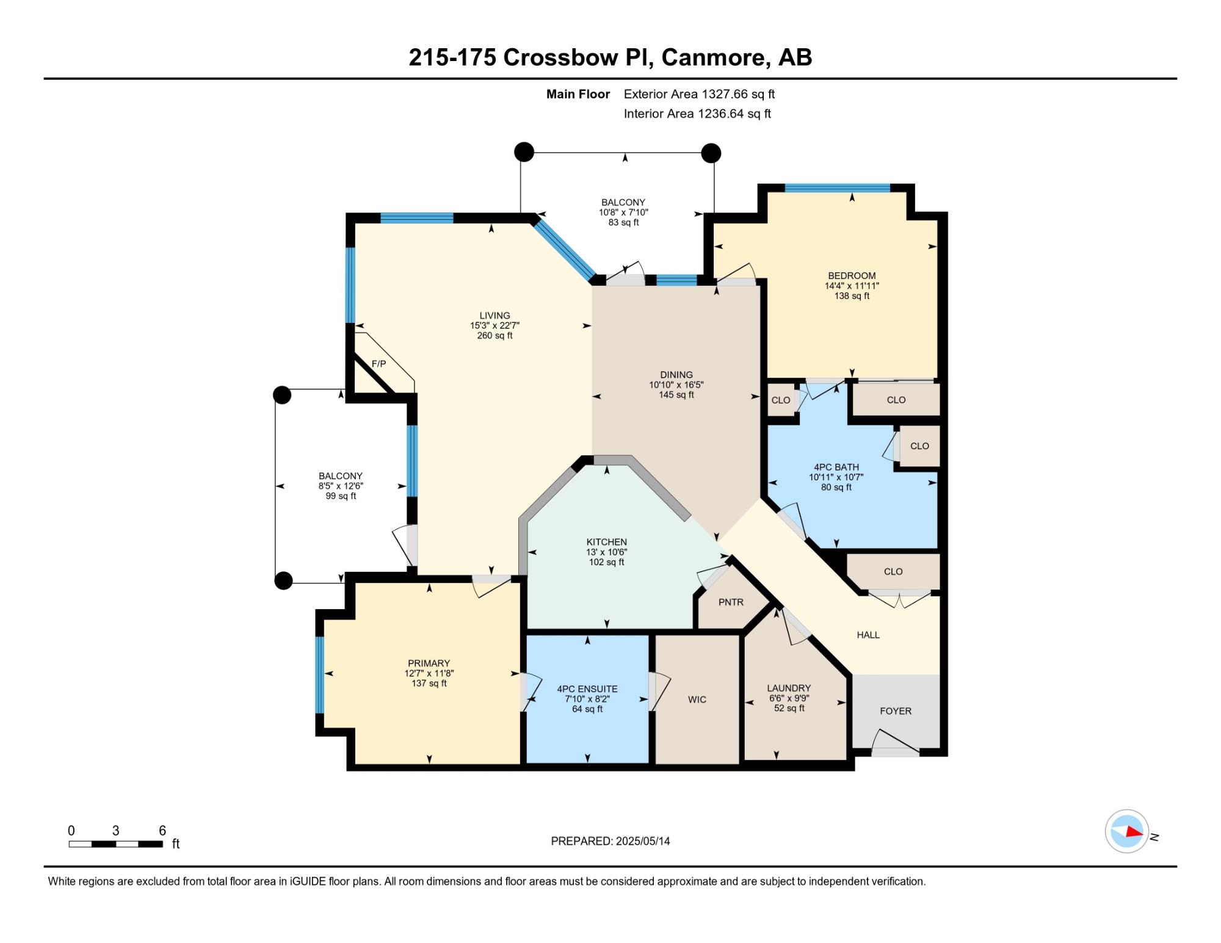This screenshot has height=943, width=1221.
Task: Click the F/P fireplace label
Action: (379, 364)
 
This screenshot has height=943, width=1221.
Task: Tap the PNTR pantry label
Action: (731, 602)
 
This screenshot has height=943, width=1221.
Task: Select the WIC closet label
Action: (697, 699)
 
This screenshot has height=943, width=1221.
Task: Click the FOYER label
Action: (896, 711)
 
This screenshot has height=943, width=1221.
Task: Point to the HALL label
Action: (868, 635)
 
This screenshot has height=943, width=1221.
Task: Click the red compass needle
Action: (1134, 831)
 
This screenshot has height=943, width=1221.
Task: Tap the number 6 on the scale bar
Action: (162, 830)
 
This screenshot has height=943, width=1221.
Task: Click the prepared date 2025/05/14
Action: (643, 841)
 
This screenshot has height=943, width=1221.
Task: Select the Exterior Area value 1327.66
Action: (723, 94)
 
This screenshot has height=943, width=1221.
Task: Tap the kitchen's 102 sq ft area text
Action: (607, 562)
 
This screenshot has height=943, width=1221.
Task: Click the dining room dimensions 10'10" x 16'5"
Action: (676, 385)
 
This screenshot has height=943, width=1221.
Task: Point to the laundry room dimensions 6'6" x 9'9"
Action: (789, 698)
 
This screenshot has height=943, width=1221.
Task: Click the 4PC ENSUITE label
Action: (587, 689)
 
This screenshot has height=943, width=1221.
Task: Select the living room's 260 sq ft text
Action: (495, 336)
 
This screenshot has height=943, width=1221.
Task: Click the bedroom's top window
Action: (837, 188)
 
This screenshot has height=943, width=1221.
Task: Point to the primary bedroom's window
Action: (319, 674)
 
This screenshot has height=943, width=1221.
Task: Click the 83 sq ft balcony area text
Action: (623, 223)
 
